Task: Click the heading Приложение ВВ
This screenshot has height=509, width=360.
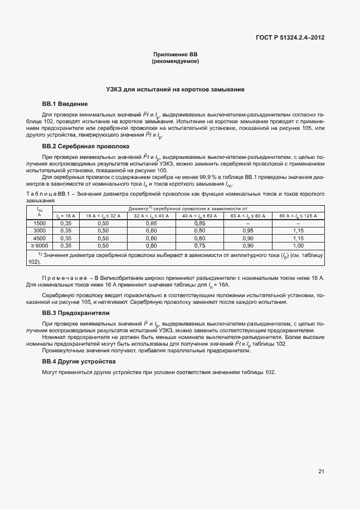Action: coord(176,54)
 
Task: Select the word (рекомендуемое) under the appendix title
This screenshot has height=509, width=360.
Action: coord(176,60)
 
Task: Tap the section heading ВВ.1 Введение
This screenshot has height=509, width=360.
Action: coord(65,104)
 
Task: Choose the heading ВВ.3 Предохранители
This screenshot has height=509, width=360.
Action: coord(76,313)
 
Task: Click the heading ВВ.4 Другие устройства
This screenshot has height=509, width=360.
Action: coord(79,362)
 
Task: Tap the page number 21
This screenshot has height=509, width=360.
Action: coord(321,472)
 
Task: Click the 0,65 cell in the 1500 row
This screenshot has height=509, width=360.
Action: coord(151,223)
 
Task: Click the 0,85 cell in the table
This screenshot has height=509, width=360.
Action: coord(200,223)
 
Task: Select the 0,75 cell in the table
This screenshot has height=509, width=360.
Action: coord(200,245)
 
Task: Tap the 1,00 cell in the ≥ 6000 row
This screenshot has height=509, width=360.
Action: coord(298,245)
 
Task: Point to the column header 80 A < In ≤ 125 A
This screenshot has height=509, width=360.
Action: coord(298,216)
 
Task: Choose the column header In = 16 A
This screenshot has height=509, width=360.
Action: coord(65,216)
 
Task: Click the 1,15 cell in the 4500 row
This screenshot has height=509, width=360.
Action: coord(298,237)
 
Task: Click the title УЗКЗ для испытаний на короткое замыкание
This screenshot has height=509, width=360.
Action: coord(176,89)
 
